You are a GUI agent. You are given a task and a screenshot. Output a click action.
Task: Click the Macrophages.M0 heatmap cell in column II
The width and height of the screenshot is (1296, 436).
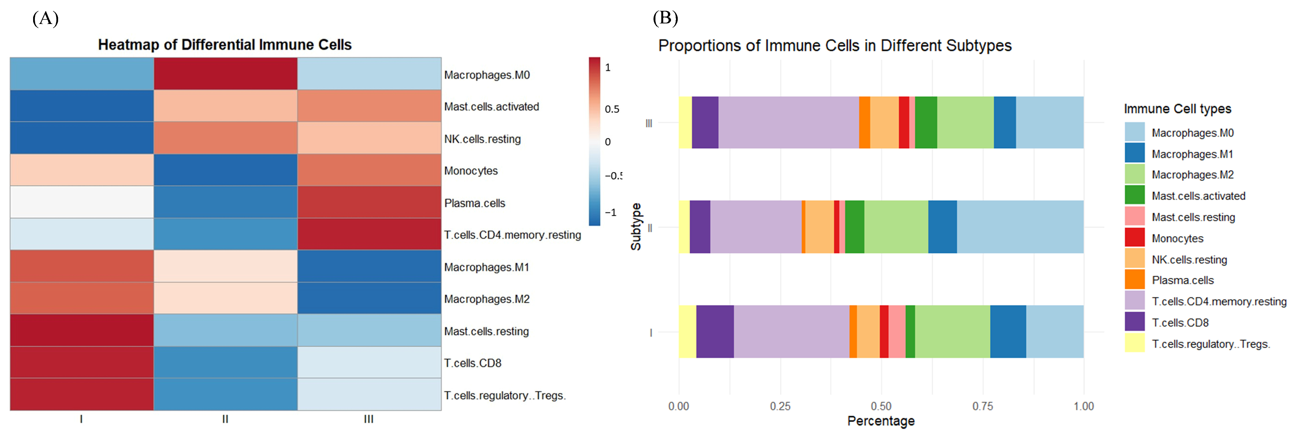(225, 74)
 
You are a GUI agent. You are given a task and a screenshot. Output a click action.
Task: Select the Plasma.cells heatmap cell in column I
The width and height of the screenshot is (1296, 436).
(81, 202)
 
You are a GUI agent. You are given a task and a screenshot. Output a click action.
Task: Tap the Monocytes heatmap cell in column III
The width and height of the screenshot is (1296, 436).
(369, 170)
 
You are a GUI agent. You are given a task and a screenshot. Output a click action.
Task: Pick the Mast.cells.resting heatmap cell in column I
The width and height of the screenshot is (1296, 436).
(81, 330)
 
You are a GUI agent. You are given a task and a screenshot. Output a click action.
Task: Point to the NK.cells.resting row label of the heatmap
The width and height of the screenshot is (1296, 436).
(482, 139)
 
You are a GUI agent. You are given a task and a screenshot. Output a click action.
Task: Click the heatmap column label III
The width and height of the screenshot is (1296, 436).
(369, 419)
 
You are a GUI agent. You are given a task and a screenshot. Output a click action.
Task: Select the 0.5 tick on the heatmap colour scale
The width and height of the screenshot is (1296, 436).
(612, 109)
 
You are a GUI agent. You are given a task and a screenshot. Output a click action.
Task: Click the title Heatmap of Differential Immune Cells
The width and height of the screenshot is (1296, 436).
(224, 45)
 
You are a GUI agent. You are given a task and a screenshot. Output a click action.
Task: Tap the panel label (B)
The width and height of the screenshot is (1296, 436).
(665, 19)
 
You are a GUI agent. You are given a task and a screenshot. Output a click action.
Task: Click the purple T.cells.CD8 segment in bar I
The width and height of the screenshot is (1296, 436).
(715, 331)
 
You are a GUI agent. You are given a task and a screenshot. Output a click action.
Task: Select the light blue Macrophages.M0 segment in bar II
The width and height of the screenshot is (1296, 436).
(1020, 227)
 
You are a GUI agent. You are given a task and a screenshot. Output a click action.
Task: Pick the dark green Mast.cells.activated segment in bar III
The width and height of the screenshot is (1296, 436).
(926, 122)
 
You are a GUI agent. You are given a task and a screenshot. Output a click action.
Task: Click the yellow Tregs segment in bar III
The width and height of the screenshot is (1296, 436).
(685, 122)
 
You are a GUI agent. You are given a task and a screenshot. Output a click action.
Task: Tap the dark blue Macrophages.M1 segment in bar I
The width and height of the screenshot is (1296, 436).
(1008, 331)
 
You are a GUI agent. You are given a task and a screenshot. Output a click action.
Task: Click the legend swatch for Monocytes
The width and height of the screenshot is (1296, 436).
(1135, 237)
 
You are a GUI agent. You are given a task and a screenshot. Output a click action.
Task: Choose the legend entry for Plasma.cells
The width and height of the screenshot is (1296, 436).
(1182, 280)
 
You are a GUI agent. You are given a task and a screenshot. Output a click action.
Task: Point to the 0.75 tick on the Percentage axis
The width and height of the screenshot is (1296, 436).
(982, 406)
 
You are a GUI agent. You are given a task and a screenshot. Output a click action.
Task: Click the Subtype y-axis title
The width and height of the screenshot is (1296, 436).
(636, 227)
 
